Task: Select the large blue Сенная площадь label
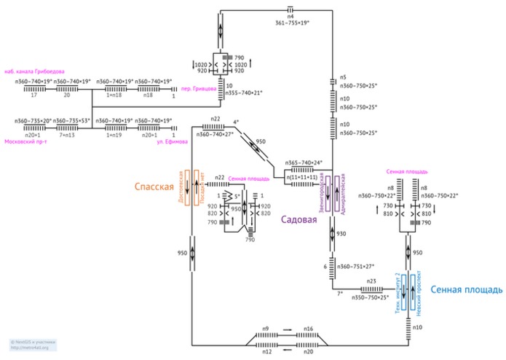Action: pos(466,289)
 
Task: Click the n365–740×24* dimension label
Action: pos(304,163)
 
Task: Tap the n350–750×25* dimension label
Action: pos(371,297)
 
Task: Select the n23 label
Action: pos(371,281)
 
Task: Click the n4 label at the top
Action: pos(290,15)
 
